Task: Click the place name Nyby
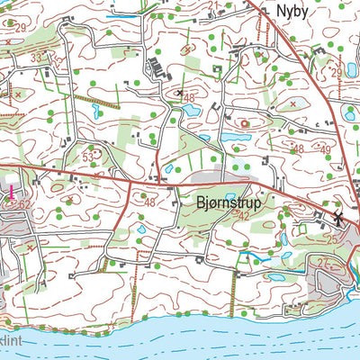292,12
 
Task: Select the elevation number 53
88,157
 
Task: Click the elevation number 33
37,58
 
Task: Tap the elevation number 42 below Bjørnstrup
241,216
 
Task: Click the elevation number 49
326,149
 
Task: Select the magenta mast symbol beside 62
11,191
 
